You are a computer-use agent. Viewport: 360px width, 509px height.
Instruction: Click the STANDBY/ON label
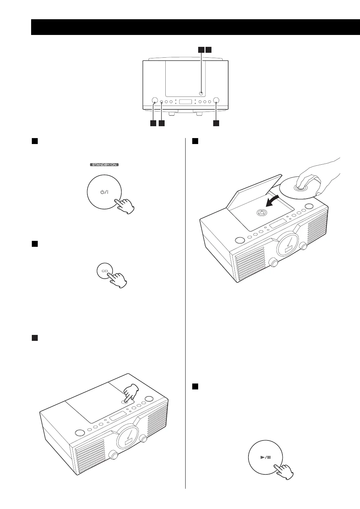pyautogui.click(x=105, y=164)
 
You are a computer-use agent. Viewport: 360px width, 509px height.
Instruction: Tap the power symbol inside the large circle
pyautogui.click(x=104, y=192)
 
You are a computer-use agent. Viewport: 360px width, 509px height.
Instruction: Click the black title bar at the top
pyautogui.click(x=195, y=27)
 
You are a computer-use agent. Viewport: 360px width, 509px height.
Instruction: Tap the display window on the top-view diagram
pyautogui.click(x=185, y=102)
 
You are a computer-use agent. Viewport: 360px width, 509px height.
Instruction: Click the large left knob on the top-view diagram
pyautogui.click(x=154, y=100)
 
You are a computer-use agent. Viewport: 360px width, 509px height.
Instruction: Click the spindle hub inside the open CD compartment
pyautogui.click(x=261, y=213)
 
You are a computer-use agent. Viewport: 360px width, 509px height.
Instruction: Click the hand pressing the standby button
pyautogui.click(x=125, y=206)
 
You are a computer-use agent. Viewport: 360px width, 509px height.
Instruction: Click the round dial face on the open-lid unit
pyautogui.click(x=288, y=244)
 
